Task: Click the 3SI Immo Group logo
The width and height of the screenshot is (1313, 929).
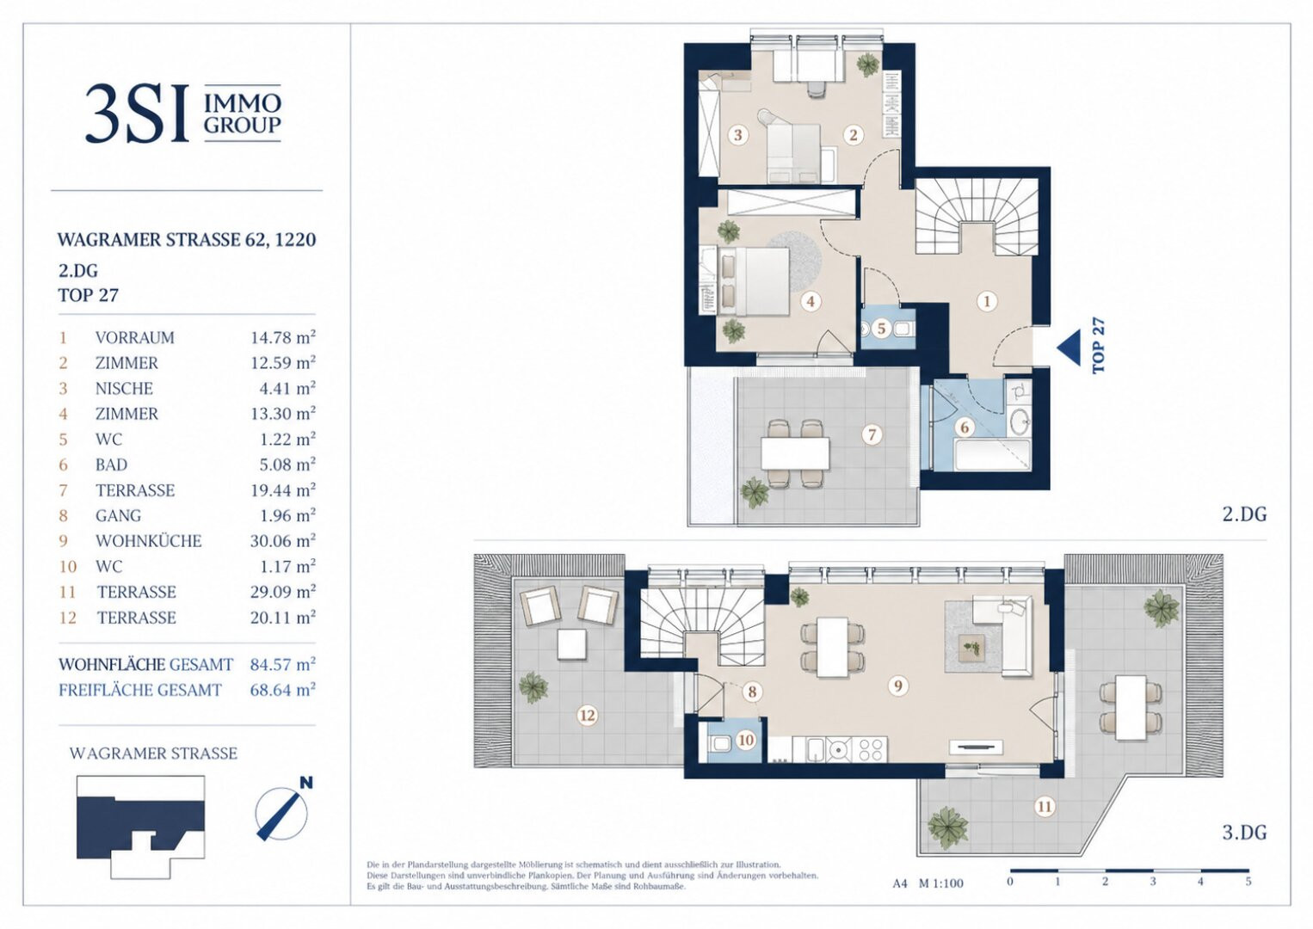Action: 183,114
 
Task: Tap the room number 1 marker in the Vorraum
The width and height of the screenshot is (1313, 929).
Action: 987,301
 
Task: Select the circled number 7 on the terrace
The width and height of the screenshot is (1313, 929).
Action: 872,435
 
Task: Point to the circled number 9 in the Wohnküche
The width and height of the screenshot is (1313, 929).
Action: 898,686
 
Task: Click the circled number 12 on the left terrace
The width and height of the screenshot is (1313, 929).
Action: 588,715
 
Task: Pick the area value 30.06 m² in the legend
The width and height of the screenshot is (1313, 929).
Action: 283,540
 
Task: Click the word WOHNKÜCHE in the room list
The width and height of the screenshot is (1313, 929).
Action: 148,541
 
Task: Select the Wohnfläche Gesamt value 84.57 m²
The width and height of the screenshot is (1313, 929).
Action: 283,664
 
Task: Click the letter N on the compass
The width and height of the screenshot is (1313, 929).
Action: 306,783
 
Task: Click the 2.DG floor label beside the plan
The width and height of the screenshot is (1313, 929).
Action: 1244,514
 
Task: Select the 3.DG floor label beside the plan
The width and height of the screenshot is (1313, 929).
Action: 1244,833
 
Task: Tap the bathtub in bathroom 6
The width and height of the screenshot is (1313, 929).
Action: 992,456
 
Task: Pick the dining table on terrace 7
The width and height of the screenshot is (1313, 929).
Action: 795,453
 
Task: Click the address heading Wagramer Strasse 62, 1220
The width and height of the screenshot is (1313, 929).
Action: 187,240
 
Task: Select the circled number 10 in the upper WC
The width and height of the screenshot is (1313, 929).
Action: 746,741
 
